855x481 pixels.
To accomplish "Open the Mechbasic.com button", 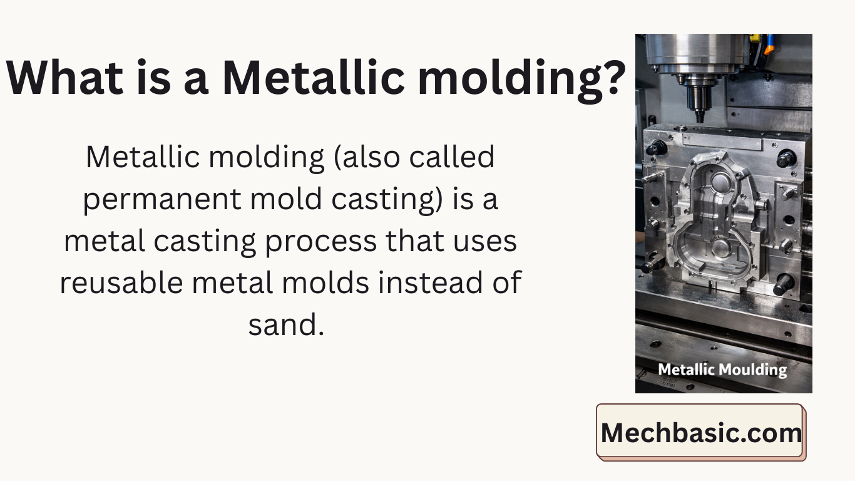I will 700,432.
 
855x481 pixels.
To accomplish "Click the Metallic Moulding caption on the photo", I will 722,370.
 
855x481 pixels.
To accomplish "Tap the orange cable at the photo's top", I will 769,48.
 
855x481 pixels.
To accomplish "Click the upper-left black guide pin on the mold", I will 657,148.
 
